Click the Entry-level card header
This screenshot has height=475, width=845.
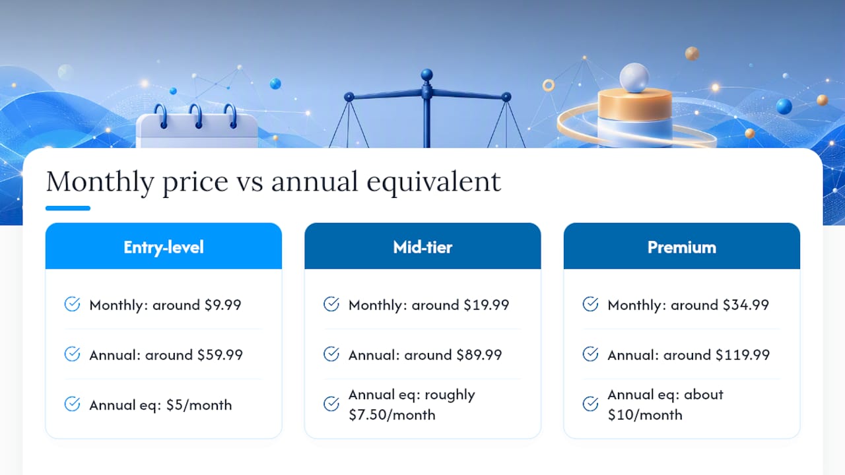click(x=163, y=246)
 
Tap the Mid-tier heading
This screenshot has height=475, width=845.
click(x=422, y=247)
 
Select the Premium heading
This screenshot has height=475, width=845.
click(x=682, y=247)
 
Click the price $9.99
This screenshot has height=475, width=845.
click(x=222, y=305)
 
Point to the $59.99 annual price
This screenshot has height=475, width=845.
click(x=220, y=355)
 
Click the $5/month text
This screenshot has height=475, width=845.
click(x=199, y=405)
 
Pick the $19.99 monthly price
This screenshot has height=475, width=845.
click(x=487, y=305)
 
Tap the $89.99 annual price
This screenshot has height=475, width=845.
click(x=479, y=355)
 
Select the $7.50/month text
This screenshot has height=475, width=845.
click(x=392, y=415)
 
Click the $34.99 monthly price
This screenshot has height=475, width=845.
click(x=746, y=305)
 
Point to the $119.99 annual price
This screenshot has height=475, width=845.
click(x=743, y=355)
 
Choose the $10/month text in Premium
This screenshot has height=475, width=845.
click(x=645, y=415)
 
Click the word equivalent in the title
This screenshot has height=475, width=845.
click(x=434, y=182)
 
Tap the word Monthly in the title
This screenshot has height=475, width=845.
click(x=100, y=182)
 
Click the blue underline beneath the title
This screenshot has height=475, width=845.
click(x=68, y=208)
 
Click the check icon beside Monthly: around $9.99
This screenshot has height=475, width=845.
click(x=72, y=304)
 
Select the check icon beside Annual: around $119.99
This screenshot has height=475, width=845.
click(x=590, y=354)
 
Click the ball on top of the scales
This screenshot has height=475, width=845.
click(x=426, y=75)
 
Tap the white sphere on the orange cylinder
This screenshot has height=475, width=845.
click(x=634, y=78)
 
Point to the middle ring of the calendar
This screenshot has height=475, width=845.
click(x=196, y=115)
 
